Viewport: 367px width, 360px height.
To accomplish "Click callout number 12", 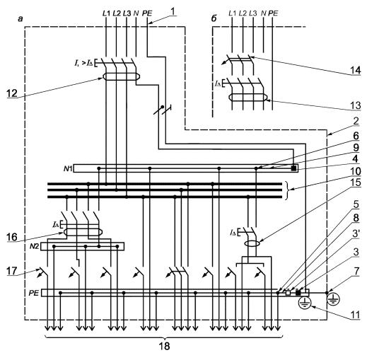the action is (12, 93).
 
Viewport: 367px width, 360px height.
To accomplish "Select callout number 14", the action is (356, 71).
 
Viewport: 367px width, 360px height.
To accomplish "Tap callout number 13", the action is (356, 105).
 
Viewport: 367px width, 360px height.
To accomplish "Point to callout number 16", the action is (12, 237).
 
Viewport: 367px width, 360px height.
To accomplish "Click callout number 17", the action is (12, 271).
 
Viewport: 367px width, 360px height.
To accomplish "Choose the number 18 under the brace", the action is (164, 347).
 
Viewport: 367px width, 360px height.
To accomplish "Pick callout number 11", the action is (356, 315).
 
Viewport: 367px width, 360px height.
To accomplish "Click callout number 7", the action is (356, 271).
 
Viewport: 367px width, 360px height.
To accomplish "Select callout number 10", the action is (356, 171).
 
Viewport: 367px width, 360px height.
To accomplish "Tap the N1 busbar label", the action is (68, 168).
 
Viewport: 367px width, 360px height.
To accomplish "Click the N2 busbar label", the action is (35, 247).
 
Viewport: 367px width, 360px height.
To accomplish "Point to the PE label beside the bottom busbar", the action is (33, 293).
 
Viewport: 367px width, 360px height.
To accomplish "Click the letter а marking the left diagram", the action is (21, 19).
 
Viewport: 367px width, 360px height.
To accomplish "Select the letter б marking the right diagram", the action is (214, 18).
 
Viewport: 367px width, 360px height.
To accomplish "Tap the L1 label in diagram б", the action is (232, 13).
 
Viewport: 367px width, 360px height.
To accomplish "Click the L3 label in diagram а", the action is (127, 13).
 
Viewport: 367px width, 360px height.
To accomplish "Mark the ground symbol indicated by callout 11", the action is (305, 303).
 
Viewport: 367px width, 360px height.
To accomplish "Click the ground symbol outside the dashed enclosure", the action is (333, 299).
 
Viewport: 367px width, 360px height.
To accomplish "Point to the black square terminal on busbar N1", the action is (293, 168).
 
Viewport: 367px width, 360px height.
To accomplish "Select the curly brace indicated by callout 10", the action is (287, 190).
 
